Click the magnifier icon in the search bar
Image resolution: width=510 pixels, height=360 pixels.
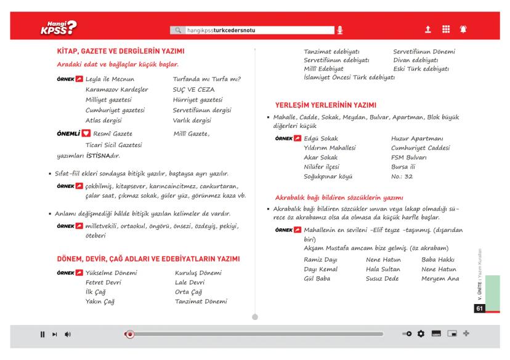point(179,30)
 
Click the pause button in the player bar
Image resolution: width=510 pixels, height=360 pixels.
point(42,335)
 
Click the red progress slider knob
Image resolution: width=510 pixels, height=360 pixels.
point(129,335)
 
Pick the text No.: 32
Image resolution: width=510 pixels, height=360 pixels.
point(402,177)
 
